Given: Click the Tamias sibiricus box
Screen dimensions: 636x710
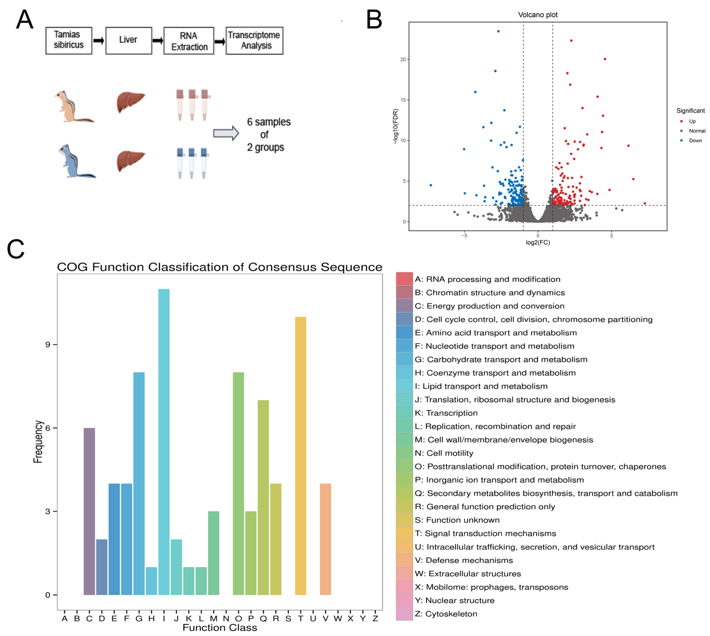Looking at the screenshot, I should (x=69, y=41).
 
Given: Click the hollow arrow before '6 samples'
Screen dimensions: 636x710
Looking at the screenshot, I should (x=226, y=133).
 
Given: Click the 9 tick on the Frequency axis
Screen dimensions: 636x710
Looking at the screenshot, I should (x=48, y=345).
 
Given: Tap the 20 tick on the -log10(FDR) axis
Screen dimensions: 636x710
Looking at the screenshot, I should (x=403, y=59).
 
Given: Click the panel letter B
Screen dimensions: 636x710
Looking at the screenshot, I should (x=374, y=20).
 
